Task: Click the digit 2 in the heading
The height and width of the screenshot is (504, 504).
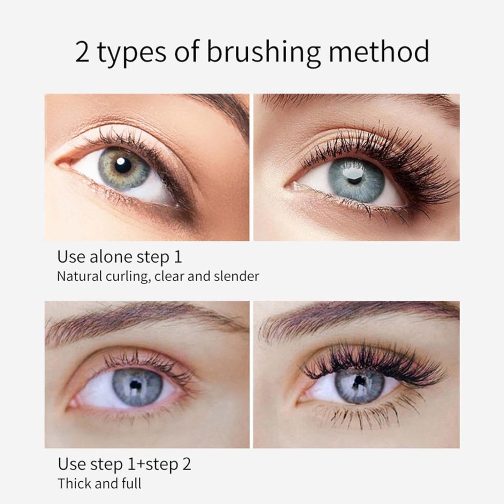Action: click(82, 52)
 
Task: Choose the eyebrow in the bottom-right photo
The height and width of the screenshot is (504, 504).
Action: click(356, 316)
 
